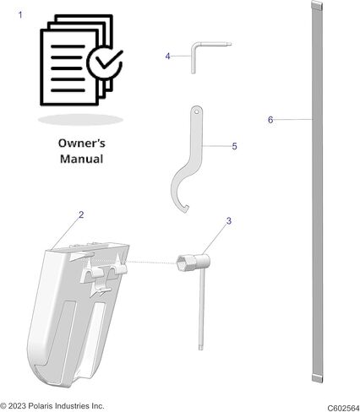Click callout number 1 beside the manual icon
(x=20, y=15)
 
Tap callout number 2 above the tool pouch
(x=81, y=215)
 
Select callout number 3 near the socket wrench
(x=229, y=221)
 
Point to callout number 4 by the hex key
(x=167, y=57)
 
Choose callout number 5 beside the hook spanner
(x=234, y=146)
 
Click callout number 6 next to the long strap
(x=270, y=120)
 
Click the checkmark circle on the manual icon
(x=105, y=62)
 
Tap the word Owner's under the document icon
(x=82, y=144)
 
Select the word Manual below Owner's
(x=82, y=159)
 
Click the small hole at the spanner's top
(x=196, y=111)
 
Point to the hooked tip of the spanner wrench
(x=186, y=209)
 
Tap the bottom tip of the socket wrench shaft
(x=201, y=348)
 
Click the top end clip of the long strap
(x=317, y=5)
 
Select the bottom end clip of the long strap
(x=318, y=378)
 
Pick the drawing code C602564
(x=343, y=408)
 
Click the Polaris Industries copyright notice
(x=52, y=406)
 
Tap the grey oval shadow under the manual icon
(x=80, y=120)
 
